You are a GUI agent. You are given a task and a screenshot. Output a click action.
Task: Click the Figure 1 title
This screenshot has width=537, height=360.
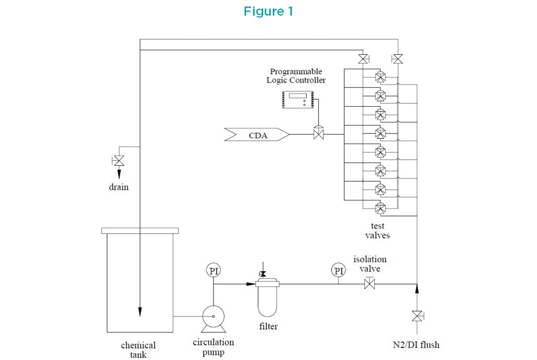click(x=268, y=12)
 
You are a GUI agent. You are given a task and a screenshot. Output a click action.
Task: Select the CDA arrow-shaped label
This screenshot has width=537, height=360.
click(x=257, y=134)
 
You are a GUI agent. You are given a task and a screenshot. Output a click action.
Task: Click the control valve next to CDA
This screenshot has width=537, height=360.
click(x=318, y=134)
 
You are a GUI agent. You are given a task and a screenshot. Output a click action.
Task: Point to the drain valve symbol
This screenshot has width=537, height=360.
click(x=119, y=161)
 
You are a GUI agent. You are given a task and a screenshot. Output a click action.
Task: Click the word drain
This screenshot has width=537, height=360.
click(x=119, y=187)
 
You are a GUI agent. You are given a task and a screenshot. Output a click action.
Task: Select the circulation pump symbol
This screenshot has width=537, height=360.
click(x=213, y=316)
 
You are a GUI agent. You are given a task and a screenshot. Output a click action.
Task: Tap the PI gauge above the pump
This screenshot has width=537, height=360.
click(x=214, y=270)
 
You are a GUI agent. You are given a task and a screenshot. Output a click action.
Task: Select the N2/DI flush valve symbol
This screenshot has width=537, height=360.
click(x=417, y=316)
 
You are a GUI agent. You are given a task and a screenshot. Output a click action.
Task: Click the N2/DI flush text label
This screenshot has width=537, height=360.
click(x=416, y=345)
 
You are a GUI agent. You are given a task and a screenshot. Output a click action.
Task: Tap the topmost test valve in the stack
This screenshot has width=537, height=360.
click(x=380, y=77)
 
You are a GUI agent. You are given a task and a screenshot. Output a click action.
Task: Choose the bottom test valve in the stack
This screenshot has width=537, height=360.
click(x=380, y=207)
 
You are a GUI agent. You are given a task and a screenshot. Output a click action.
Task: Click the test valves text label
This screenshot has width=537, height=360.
click(x=377, y=231)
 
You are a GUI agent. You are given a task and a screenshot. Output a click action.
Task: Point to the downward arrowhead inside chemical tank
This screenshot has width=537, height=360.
click(x=139, y=309)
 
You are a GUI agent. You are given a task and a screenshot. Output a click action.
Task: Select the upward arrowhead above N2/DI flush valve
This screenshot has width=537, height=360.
click(x=417, y=287)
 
